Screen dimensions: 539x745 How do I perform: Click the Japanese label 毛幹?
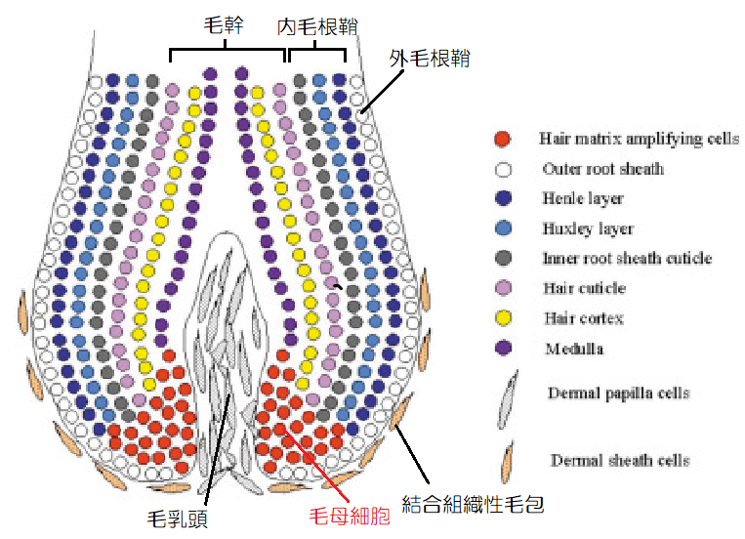click(x=226, y=27)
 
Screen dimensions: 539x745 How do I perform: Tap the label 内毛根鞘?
click(x=314, y=27)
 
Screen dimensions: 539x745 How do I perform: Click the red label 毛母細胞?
click(x=350, y=516)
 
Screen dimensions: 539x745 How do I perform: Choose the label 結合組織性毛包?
click(x=473, y=504)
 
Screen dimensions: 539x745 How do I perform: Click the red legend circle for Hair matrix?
click(x=502, y=139)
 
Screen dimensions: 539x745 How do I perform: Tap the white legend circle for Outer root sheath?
click(x=502, y=169)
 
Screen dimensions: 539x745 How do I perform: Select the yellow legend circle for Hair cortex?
click(x=502, y=318)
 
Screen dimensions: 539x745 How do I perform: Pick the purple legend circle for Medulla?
click(x=502, y=349)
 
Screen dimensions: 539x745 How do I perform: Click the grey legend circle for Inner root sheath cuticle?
click(x=502, y=259)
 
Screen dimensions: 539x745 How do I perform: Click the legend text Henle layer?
click(x=583, y=199)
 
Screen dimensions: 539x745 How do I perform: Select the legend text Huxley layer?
click(x=588, y=228)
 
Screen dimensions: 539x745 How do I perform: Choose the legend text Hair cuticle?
click(x=584, y=288)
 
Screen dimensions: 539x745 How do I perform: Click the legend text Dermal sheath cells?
click(x=621, y=460)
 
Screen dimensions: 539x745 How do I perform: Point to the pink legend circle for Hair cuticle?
click(x=502, y=289)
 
